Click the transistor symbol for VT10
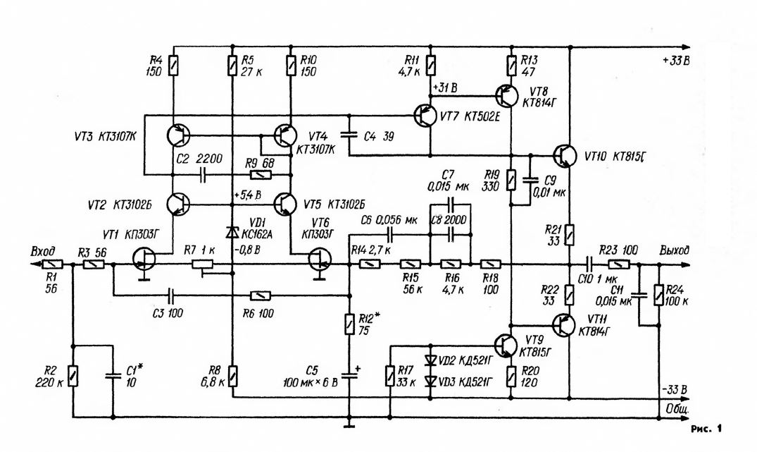pos(564,156)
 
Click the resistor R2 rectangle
pos(73,376)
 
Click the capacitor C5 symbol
pos(349,374)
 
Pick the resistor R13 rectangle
pos(511,66)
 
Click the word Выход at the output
pos(675,250)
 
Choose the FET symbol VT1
pos(144,259)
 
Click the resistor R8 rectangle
pos(233,376)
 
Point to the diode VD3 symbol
pos(430,381)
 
